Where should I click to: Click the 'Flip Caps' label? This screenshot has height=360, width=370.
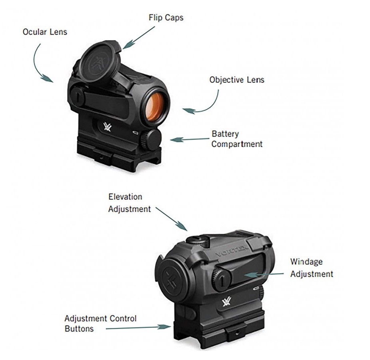click(x=166, y=18)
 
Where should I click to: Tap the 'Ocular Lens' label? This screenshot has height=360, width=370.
click(x=44, y=32)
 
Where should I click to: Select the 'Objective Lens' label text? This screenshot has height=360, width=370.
click(x=237, y=80)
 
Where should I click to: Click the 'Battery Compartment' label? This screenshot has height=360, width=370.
click(x=237, y=139)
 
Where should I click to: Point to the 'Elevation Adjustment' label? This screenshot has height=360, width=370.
click(x=129, y=203)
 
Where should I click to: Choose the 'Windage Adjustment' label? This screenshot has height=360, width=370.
click(x=311, y=268)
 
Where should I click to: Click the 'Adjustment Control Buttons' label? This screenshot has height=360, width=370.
click(x=100, y=324)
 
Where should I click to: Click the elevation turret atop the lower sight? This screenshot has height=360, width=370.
click(x=196, y=239)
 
